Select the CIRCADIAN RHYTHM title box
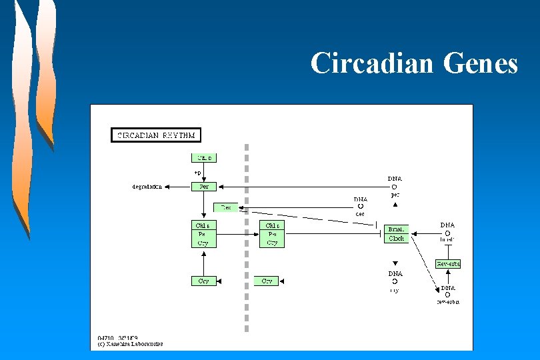click(156, 135)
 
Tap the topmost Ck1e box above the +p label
click(204, 158)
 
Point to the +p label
click(197, 172)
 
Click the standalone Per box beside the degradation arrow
click(204, 187)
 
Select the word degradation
click(147, 187)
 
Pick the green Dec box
click(225, 207)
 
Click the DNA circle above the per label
click(395, 187)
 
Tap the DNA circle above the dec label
click(360, 207)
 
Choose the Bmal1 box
click(396, 229)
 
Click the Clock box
click(396, 238)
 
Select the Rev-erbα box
click(448, 264)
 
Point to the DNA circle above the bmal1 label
click(447, 233)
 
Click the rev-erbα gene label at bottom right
click(448, 302)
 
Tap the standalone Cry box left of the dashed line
click(204, 281)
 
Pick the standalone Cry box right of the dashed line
click(267, 281)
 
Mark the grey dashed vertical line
click(247, 240)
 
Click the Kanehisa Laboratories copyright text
click(131, 344)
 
